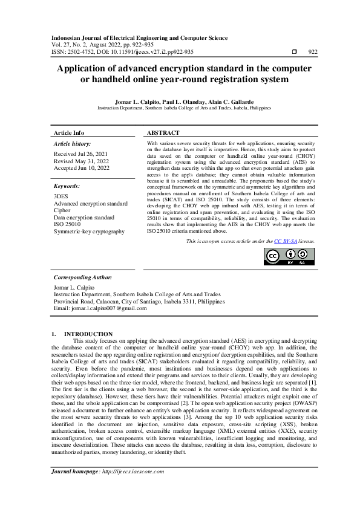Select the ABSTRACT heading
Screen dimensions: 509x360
click(x=163, y=132)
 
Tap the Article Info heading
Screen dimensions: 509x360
click(x=69, y=132)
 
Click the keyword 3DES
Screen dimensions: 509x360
click(x=61, y=196)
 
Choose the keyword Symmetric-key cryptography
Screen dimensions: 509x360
click(x=89, y=232)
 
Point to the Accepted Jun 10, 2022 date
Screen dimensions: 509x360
click(x=82, y=168)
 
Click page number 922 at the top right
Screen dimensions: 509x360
click(x=313, y=53)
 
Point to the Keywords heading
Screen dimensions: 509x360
click(x=67, y=187)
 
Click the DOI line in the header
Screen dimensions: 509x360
click(x=123, y=52)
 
